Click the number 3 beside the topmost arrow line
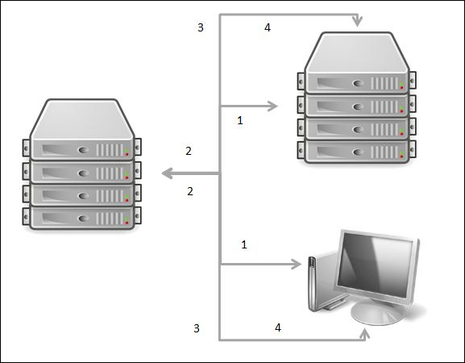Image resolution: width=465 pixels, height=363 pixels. pos(201,28)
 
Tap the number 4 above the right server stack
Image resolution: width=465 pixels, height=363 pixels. pos(268,28)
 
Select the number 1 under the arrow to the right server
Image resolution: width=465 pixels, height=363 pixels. pos(239,120)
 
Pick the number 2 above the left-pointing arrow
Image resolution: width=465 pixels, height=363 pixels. pos(188,151)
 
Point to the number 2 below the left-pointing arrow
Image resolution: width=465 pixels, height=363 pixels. pos(190,191)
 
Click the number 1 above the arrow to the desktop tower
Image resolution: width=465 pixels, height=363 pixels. pos(243,244)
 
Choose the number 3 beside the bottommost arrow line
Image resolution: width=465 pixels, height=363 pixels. pos(196,328)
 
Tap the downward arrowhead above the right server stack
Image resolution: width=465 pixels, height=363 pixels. pos(356,21)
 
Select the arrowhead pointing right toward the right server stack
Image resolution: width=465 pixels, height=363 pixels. pos(274,106)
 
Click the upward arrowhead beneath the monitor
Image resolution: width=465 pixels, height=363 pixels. pos(367,334)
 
